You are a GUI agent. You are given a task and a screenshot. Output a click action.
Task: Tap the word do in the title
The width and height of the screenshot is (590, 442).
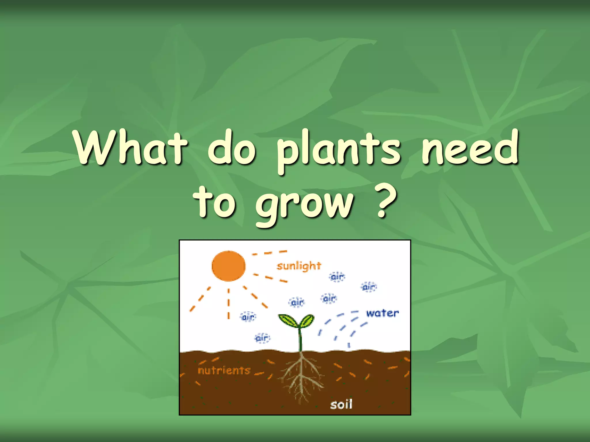point(232,147)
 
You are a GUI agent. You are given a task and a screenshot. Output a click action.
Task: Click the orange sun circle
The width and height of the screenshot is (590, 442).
point(228,266)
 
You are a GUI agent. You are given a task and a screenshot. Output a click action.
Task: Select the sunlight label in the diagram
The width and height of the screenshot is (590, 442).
point(299,266)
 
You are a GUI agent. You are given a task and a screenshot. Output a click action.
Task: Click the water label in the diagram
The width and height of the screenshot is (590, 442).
point(382,313)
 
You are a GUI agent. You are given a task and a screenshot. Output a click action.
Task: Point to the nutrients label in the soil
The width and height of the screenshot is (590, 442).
point(224,370)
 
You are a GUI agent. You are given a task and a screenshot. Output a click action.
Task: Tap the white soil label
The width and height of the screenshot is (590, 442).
point(341,404)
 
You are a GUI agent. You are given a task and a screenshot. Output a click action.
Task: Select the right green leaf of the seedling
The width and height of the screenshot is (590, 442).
point(307,321)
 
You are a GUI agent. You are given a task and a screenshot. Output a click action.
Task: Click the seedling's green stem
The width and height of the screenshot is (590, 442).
point(300,340)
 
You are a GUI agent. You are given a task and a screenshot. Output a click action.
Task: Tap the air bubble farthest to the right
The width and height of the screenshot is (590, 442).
point(369,287)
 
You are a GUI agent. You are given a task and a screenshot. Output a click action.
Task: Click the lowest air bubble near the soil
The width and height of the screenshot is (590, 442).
point(262,338)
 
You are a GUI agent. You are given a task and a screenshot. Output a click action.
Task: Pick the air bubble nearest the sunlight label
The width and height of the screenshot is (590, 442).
point(337,277)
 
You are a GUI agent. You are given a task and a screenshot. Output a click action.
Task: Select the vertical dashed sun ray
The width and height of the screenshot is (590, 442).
point(229,304)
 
